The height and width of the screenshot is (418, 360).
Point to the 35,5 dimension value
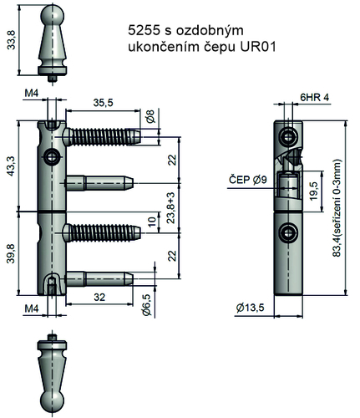coord(104,102)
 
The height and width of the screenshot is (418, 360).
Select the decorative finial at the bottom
coord(54,371)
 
